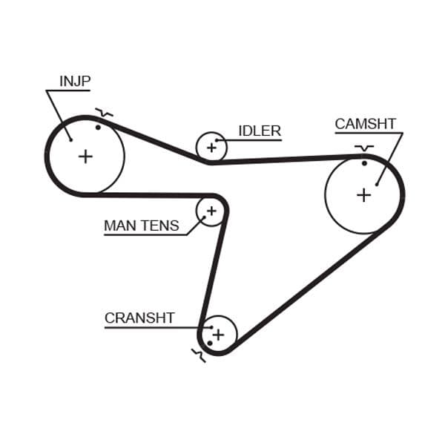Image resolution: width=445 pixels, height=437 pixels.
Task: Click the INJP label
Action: click(x=75, y=80)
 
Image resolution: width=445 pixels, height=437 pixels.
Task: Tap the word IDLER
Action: click(x=259, y=131)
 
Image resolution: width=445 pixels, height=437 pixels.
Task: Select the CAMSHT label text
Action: click(x=365, y=124)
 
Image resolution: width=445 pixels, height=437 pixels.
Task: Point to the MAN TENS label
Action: click(x=141, y=226)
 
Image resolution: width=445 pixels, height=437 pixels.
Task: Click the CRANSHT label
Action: click(x=139, y=318)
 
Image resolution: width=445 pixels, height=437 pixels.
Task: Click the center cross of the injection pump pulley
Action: click(x=86, y=156)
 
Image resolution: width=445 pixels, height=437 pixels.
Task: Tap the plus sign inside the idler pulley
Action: click(x=211, y=147)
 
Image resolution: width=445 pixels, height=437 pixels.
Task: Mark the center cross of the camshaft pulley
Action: click(x=363, y=194)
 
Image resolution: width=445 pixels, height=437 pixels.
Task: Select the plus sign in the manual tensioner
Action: click(x=211, y=211)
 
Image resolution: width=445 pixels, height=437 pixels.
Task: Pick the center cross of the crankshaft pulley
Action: click(x=218, y=335)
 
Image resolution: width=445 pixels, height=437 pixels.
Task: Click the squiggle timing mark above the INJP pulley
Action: click(x=105, y=114)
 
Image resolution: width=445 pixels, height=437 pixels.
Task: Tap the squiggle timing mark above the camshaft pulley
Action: click(x=363, y=148)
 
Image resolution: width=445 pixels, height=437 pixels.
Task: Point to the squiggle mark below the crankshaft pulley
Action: click(x=197, y=355)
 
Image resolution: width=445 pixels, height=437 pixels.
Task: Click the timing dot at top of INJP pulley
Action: click(x=98, y=127)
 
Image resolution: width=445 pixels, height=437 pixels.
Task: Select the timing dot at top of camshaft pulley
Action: click(x=364, y=163)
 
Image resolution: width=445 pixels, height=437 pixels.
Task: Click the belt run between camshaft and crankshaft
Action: click(x=311, y=289)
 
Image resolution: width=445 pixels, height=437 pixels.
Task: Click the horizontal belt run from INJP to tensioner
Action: click(x=141, y=194)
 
